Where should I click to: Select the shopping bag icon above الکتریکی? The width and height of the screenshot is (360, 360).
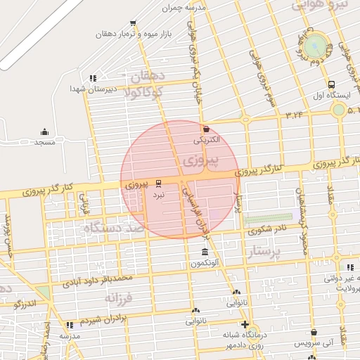point(206,129)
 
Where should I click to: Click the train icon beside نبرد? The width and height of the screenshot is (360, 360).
point(158,183)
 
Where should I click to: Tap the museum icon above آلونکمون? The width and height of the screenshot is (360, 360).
point(205,252)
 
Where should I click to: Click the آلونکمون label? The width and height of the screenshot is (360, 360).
point(205,264)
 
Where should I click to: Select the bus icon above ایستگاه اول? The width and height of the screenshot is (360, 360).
point(330,84)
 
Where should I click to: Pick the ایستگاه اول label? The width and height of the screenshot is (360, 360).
point(330,95)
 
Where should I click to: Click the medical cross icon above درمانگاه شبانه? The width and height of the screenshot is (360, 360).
point(244,324)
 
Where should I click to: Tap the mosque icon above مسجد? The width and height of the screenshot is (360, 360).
point(45,131)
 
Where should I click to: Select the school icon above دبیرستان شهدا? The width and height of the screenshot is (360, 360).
point(92,78)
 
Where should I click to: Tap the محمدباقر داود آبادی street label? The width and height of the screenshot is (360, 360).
point(97,281)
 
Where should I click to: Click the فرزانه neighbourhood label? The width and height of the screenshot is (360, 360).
point(119,300)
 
